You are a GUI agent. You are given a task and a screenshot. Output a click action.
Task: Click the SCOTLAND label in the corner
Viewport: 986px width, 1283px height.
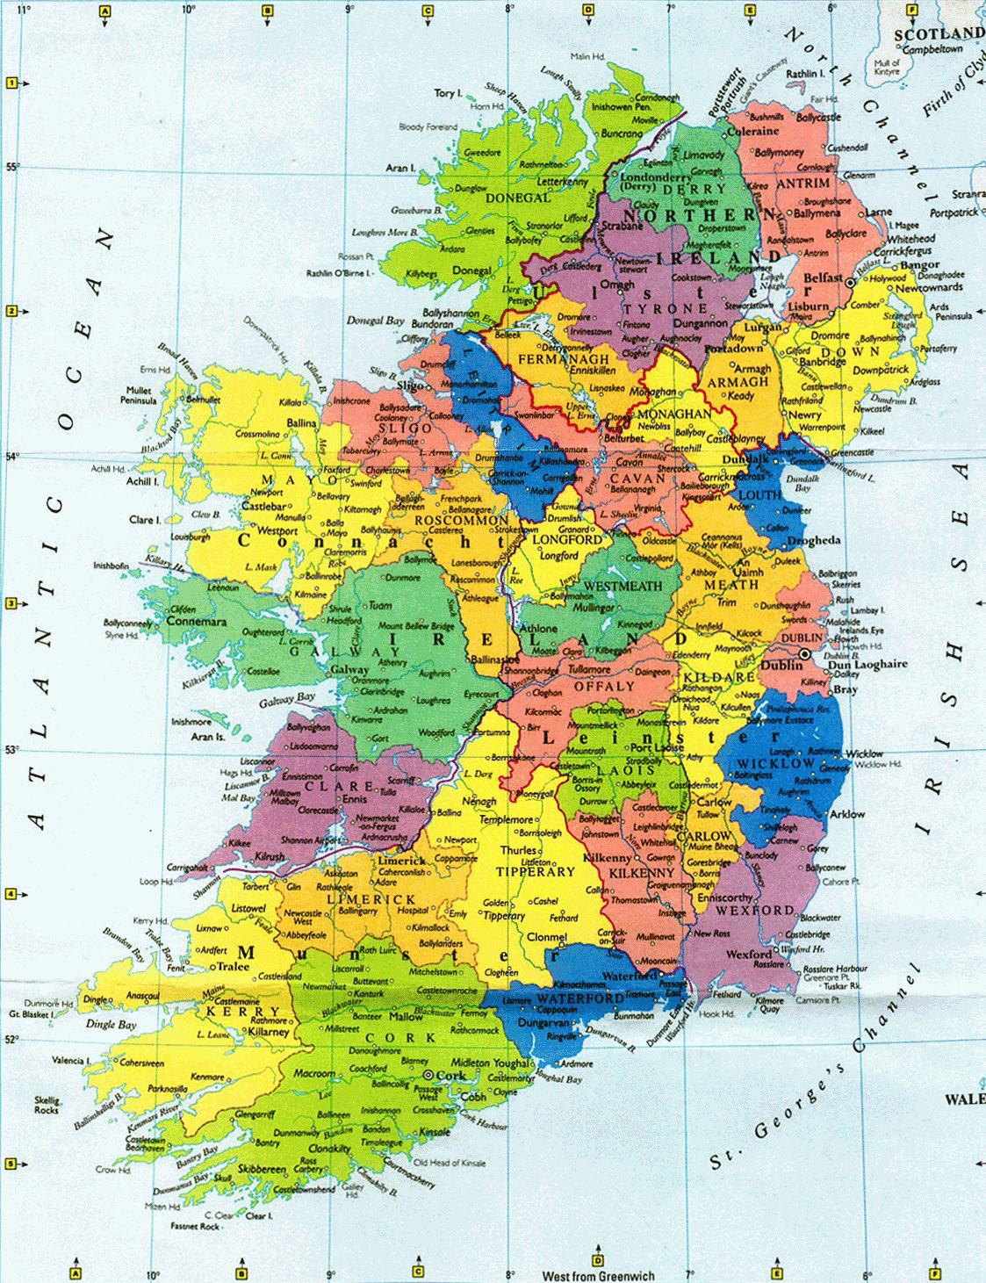pos(938,34)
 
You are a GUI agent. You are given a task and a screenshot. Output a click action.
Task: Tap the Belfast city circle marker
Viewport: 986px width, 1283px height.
pos(849,283)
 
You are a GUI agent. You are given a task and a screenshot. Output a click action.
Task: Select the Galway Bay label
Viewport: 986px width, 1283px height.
pos(287,700)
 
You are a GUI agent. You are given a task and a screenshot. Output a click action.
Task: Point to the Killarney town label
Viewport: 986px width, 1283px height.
pos(269,1032)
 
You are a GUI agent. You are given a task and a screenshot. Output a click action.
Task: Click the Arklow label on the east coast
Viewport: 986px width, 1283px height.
pos(846,814)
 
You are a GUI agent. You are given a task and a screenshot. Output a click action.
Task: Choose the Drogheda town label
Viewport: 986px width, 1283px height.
pos(813,541)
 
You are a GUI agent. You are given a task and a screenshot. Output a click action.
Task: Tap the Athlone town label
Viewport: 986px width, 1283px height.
pos(538,629)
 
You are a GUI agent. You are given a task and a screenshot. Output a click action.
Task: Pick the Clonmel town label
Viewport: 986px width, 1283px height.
pos(546,937)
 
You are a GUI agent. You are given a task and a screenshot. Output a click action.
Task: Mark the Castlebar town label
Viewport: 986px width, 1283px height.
pos(264,506)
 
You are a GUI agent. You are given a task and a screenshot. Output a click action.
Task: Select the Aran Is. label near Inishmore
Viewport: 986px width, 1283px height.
pos(208,737)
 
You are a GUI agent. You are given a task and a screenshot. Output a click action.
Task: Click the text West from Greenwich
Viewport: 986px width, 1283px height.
pos(598,1276)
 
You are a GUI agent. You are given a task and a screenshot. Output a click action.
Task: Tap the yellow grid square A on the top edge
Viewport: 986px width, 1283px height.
pos(105,11)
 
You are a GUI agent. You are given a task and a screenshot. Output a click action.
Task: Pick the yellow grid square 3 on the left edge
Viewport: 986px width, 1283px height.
pos(11,603)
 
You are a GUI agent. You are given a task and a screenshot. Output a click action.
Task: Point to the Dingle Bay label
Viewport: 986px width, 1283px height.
pos(111,1024)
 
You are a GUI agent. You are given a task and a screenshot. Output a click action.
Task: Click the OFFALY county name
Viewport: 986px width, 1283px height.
pos(604,686)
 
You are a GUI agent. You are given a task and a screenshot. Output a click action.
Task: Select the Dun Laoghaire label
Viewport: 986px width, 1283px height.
pos(867,665)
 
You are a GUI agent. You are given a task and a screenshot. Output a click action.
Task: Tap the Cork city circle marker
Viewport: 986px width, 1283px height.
pos(428,1075)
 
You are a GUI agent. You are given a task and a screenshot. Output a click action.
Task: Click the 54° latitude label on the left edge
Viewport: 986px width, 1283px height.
pos(11,456)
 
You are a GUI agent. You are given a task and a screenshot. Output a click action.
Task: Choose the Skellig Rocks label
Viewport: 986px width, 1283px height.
pos(47,1105)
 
